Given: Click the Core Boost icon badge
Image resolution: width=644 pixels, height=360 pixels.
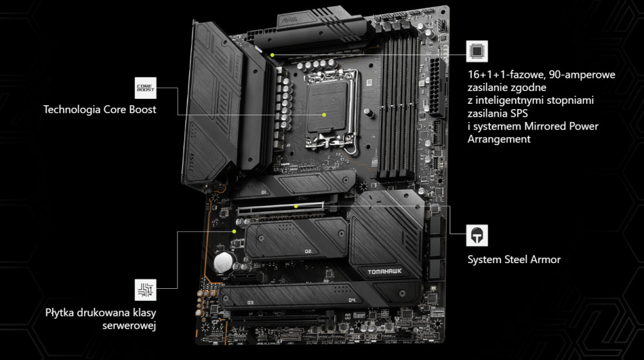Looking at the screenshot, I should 146,87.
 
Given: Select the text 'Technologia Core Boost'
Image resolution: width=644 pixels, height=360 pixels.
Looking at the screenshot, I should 100,109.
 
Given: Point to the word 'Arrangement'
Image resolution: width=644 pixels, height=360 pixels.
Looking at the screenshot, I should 499,139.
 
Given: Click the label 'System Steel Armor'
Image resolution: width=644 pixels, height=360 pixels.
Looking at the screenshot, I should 514,260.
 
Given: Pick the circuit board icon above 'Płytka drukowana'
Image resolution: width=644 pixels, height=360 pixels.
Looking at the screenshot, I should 146,289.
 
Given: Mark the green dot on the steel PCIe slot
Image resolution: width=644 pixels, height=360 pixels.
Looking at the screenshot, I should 296,205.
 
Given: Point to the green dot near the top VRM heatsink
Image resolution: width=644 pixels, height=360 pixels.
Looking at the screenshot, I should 272,54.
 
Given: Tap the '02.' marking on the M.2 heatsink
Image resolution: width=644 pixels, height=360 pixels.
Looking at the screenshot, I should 308,251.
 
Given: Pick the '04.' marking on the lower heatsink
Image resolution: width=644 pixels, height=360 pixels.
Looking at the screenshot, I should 352,300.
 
